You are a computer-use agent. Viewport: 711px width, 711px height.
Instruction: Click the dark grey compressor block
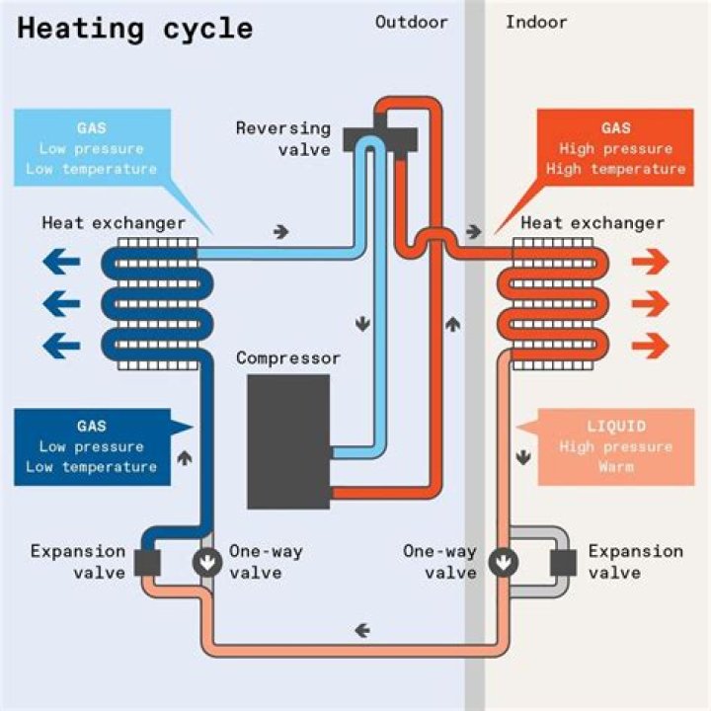(x=288, y=441)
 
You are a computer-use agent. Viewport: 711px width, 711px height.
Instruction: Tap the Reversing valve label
(x=283, y=139)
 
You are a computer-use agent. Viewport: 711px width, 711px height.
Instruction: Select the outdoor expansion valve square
(x=148, y=563)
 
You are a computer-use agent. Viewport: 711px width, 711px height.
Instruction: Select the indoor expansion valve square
(x=563, y=563)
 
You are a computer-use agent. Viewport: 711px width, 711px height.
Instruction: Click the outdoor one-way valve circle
(x=207, y=562)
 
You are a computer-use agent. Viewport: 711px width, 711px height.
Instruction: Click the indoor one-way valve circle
(x=504, y=562)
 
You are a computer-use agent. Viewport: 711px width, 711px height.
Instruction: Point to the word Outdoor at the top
(x=411, y=22)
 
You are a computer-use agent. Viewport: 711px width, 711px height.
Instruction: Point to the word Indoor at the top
(x=536, y=22)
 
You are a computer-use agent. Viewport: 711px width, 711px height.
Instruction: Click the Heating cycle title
(x=135, y=30)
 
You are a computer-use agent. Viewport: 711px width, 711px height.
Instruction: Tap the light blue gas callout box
(x=93, y=147)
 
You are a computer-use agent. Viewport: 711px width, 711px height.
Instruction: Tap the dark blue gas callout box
(x=93, y=446)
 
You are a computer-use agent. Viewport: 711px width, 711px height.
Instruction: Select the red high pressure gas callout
(x=615, y=147)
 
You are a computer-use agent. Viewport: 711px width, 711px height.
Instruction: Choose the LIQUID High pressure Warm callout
(x=615, y=446)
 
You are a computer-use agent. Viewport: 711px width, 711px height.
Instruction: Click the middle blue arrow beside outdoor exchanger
(x=61, y=303)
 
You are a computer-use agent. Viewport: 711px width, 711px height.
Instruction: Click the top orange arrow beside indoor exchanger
(x=650, y=262)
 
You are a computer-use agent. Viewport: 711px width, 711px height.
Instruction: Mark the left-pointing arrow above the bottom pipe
(x=362, y=630)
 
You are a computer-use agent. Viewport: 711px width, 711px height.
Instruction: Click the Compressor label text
(x=288, y=358)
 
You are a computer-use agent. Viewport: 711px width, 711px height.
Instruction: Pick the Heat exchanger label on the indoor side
(x=592, y=223)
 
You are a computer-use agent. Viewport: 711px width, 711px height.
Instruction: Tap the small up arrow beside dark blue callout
(x=185, y=458)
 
